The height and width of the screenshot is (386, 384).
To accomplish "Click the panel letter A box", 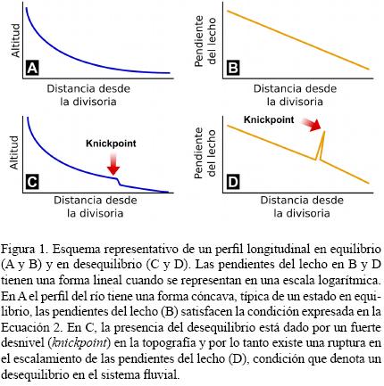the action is [33, 67].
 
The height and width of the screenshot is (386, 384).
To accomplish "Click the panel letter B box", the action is [233, 67].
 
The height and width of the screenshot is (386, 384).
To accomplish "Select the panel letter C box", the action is [33, 184].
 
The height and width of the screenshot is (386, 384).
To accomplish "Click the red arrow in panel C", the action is [112, 164].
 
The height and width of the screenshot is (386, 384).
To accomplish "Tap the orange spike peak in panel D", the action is [323, 133].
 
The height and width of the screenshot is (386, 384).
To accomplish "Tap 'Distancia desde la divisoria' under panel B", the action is [295, 94].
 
